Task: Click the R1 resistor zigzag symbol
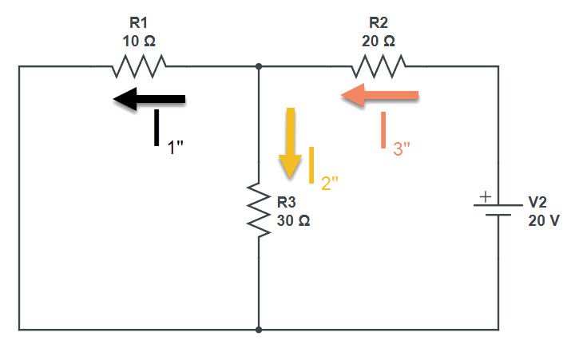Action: point(140,67)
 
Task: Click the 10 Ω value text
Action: point(139,40)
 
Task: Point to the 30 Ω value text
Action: point(293,221)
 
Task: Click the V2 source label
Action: point(538,203)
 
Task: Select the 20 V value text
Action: point(543,221)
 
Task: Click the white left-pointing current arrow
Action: point(149,100)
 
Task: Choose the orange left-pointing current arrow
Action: point(379,96)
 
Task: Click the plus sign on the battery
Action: point(484,195)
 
